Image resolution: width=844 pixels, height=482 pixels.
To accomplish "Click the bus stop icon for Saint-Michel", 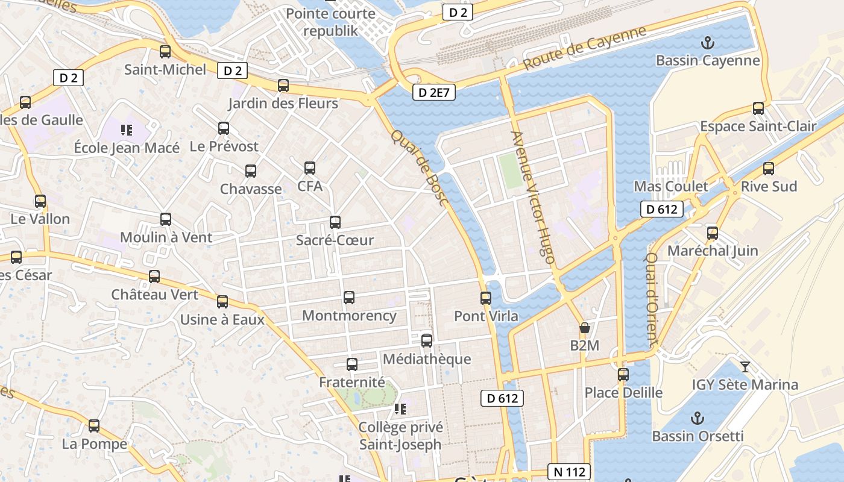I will (x=165, y=52).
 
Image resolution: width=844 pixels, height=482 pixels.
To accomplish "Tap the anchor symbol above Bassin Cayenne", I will (x=708, y=43).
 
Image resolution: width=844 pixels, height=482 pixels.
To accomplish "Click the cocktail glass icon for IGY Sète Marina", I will (x=745, y=366).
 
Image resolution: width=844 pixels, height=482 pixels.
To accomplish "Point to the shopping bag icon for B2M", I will (x=584, y=328).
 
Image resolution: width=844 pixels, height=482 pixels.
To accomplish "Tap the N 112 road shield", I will (x=568, y=471).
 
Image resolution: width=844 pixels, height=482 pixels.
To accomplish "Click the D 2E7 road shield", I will (x=433, y=92).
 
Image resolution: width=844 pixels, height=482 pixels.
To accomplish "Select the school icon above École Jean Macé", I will (x=126, y=130).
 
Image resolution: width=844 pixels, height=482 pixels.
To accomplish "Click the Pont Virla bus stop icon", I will (x=486, y=298).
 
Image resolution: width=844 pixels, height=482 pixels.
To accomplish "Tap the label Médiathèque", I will (x=427, y=359).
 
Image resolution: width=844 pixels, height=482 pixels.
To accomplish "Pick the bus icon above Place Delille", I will (x=623, y=375).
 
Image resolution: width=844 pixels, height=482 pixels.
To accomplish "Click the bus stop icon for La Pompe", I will (x=94, y=426).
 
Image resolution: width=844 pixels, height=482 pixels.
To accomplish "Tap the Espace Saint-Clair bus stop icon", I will (x=758, y=108).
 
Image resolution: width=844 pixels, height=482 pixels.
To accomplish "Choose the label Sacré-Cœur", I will (x=335, y=240).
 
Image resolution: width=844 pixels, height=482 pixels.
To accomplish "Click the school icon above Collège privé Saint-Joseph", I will (x=400, y=410).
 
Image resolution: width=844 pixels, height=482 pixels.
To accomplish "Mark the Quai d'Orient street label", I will (x=652, y=299).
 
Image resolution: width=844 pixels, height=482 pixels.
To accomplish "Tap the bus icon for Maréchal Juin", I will (x=713, y=233).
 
